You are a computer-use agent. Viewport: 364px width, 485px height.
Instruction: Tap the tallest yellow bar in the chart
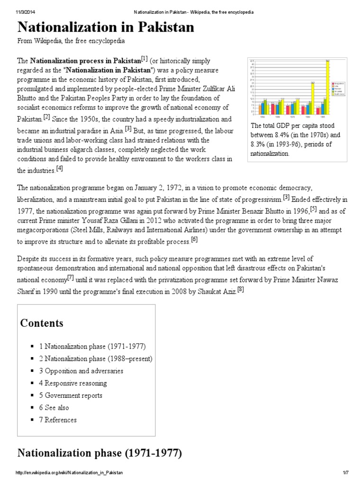[x=328, y=88]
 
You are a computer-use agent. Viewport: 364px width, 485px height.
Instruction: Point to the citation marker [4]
[x=59, y=168]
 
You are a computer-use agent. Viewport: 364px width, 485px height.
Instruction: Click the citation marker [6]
[x=194, y=239]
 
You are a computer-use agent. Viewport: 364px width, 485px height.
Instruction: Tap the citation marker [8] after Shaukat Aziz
[x=240, y=290]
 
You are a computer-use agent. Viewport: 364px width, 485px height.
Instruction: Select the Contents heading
[x=42, y=323]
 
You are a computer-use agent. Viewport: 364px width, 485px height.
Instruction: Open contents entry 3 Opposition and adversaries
[x=81, y=371]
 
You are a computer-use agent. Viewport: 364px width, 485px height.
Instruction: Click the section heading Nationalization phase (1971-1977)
[x=100, y=453]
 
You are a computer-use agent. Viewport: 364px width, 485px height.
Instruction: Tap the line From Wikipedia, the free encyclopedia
[x=71, y=41]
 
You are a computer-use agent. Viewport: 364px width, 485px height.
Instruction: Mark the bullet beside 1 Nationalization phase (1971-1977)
[x=33, y=347]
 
